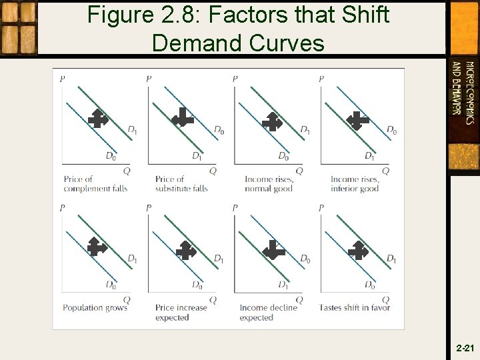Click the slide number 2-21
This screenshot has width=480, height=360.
point(465,348)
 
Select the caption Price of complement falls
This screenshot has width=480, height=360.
point(95,183)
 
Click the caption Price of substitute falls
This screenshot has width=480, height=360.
point(181,183)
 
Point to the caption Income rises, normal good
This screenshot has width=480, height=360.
point(269,183)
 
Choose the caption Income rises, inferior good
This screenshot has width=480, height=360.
point(355,183)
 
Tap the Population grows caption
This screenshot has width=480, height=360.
point(95,307)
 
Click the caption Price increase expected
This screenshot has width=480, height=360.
point(181,312)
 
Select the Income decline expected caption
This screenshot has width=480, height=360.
point(268,312)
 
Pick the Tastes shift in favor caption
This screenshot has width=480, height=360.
point(355,307)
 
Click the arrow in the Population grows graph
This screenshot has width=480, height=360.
point(97,247)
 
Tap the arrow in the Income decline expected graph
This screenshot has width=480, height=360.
point(273,251)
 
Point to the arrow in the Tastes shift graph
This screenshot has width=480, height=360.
point(358,250)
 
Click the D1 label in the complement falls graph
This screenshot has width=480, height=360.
point(132,129)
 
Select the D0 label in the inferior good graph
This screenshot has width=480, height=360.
point(391,130)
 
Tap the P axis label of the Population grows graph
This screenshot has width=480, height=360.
point(63,208)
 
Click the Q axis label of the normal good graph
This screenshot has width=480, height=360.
point(299,171)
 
